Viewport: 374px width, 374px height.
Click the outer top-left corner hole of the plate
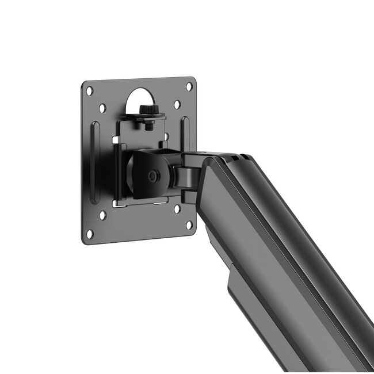[x=89, y=90]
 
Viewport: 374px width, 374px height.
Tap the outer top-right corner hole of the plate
[x=189, y=86]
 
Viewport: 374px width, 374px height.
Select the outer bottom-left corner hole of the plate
[x=90, y=234]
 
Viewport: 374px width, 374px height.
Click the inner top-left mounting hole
[x=102, y=108]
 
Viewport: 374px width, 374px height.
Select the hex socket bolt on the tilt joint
[x=152, y=177]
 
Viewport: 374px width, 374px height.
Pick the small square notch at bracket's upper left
[x=117, y=139]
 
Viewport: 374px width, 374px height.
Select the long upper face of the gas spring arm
[x=288, y=230]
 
